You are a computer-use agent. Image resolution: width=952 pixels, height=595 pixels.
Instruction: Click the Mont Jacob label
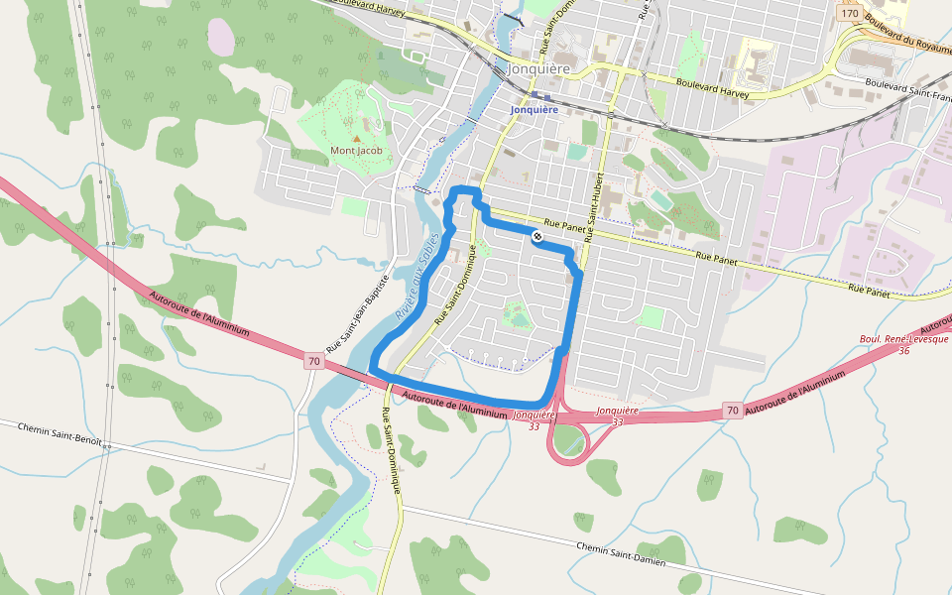[356, 151]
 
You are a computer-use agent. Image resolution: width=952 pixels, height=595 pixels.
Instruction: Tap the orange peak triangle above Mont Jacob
[356, 138]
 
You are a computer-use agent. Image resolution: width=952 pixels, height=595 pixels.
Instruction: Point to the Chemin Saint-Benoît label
[60, 434]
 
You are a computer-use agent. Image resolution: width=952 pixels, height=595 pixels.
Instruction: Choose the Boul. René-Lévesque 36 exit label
[903, 344]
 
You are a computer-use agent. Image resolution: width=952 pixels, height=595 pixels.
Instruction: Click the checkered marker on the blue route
[536, 236]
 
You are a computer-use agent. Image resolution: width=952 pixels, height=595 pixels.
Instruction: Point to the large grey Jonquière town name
[539, 69]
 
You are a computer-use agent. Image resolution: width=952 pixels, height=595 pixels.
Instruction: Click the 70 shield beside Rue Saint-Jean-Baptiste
[313, 361]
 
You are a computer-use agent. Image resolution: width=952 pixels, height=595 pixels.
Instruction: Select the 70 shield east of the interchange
[731, 410]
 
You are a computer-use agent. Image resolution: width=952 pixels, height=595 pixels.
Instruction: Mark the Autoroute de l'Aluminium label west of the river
[198, 311]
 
